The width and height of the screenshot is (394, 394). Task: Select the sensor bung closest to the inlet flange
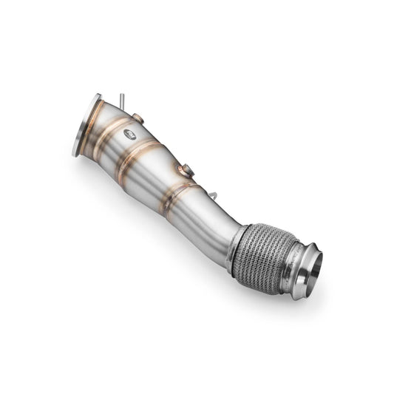pyautogui.click(x=137, y=118)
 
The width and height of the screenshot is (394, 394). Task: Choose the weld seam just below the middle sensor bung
pyautogui.click(x=180, y=191)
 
